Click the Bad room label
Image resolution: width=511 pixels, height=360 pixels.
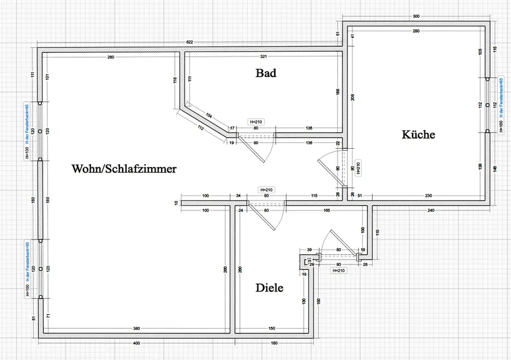(x=266, y=73)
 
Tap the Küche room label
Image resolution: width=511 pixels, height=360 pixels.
(x=418, y=134)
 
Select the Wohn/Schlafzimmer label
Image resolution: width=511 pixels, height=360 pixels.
(x=124, y=168)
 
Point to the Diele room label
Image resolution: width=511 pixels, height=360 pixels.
(x=269, y=288)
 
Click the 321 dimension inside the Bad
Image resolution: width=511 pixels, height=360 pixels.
(x=264, y=55)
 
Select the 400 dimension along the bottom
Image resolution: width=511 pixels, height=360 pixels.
(x=136, y=343)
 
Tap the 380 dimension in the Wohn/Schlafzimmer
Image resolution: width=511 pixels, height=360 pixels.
(x=136, y=328)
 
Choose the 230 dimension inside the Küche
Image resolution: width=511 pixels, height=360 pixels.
(x=428, y=195)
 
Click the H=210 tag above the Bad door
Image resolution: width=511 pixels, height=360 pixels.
(x=256, y=122)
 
